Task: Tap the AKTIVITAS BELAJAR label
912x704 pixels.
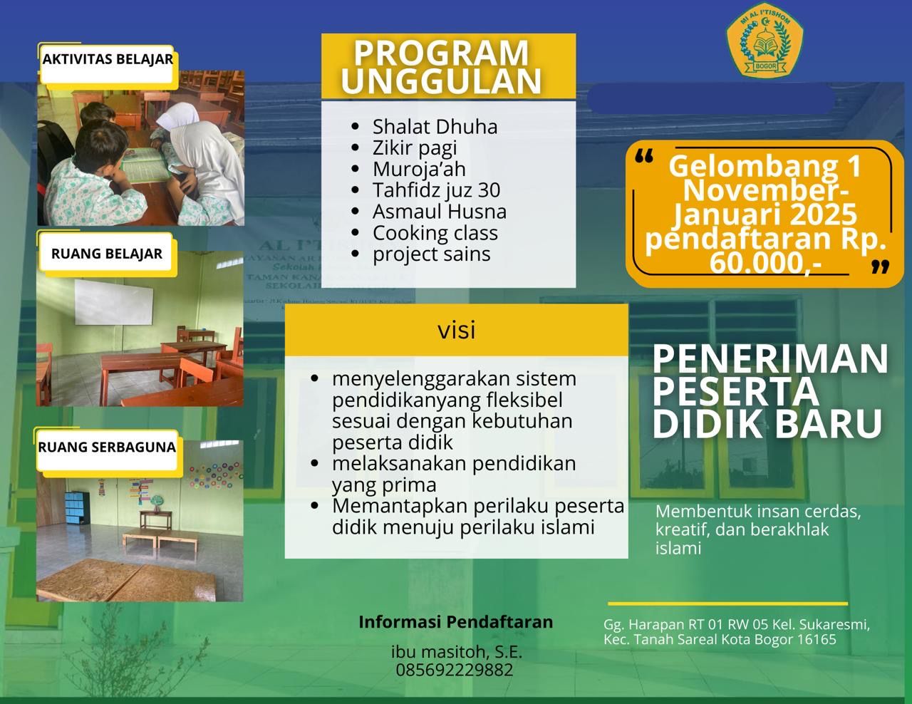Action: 108,59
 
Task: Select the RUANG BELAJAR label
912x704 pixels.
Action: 107,254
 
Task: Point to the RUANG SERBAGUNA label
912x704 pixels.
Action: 107,447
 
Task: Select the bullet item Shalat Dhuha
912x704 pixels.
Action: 435,127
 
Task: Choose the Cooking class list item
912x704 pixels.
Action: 435,233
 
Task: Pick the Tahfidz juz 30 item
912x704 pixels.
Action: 436,190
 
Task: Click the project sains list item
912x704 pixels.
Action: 431,254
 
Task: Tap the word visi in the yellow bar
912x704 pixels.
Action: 456,331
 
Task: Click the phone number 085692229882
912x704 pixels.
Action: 455,670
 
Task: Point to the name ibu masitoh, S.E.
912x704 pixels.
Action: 456,651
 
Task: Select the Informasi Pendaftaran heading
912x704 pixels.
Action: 455,622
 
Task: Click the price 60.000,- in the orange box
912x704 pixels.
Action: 765,264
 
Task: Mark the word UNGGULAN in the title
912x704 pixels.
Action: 442,81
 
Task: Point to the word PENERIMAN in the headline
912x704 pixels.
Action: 770,359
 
